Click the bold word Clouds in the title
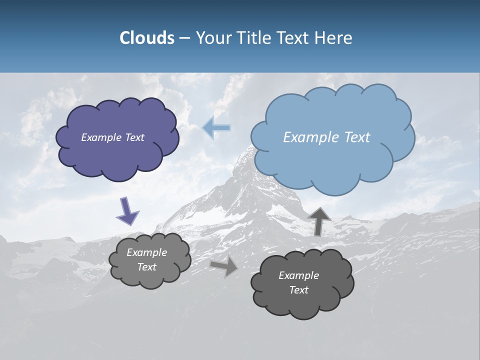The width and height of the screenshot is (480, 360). tap(147, 38)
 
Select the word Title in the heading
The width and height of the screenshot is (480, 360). tap(254, 38)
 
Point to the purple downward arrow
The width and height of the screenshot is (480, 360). tap(127, 211)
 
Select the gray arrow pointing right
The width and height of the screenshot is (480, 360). tap(224, 266)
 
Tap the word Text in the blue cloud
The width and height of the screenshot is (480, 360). tap(357, 137)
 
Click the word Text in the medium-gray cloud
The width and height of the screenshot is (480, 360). tap(147, 267)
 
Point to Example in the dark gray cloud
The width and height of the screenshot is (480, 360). tap(298, 275)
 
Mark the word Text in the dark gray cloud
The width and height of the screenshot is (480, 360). tap(298, 290)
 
